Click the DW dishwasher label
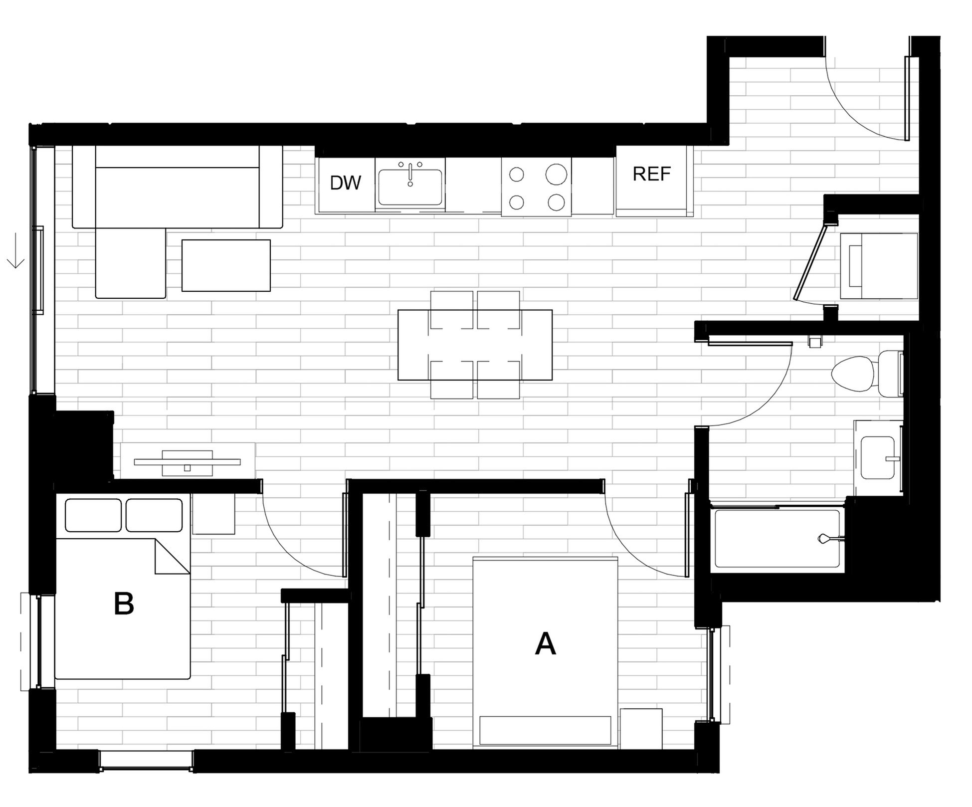345,183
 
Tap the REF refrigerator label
651,174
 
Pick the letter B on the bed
124,604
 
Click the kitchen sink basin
410,187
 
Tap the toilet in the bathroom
866,373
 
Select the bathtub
778,539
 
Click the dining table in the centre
475,345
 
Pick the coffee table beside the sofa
226,265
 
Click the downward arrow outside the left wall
16,250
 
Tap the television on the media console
188,462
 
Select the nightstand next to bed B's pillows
213,514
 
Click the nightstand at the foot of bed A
641,729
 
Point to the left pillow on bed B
93,515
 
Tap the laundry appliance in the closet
879,266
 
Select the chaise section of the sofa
131,263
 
